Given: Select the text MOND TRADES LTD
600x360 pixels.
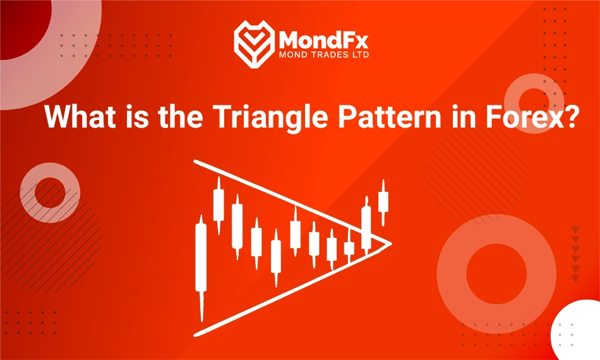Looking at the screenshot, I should [324, 55].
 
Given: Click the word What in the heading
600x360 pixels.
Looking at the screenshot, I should [78, 118].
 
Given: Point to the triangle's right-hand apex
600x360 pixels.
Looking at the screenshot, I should [389, 243].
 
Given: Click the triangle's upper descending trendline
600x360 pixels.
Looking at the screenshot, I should [291, 201].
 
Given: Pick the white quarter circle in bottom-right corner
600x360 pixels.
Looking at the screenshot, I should [578, 335].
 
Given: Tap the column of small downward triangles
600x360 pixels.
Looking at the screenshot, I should [575, 253].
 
